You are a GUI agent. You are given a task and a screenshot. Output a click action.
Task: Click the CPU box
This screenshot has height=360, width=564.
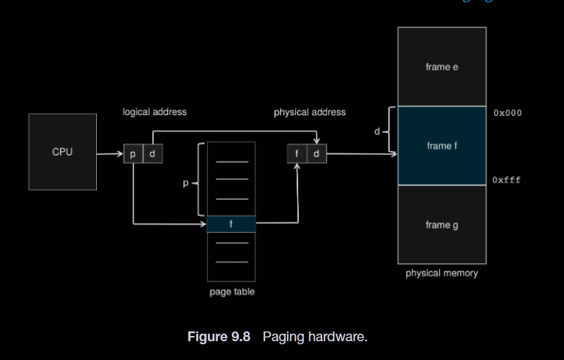click(x=62, y=152)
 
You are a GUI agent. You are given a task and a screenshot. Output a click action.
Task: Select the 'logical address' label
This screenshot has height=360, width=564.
click(x=155, y=112)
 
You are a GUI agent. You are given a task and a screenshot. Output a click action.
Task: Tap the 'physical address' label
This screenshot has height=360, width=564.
click(x=309, y=112)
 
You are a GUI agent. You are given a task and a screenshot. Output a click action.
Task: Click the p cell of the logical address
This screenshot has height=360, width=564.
click(x=133, y=153)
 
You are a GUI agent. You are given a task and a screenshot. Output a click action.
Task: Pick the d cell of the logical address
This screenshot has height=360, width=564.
click(x=152, y=153)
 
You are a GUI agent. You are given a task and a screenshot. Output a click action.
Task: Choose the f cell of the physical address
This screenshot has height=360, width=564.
click(x=297, y=153)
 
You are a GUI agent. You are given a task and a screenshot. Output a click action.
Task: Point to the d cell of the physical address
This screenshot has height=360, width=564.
click(x=316, y=153)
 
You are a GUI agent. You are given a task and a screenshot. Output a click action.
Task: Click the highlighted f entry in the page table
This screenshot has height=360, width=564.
click(x=231, y=224)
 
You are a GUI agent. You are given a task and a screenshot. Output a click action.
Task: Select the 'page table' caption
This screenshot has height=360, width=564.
click(x=231, y=292)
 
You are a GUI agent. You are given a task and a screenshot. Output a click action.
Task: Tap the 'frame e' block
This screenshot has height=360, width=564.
click(x=442, y=67)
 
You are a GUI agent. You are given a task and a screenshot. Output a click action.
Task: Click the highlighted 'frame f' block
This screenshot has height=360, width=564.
click(x=442, y=146)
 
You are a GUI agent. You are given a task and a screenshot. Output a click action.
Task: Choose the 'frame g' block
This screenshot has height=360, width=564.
click(x=442, y=225)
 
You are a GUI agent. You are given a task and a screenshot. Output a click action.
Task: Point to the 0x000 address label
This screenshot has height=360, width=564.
click(x=508, y=113)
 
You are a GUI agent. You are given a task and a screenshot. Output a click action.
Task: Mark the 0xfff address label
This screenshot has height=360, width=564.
click(x=507, y=180)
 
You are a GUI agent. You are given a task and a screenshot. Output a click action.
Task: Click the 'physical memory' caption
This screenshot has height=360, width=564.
click(x=442, y=273)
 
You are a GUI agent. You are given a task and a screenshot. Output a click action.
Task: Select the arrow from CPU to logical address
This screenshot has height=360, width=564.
click(x=110, y=153)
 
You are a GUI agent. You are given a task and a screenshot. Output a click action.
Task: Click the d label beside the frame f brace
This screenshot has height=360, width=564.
click(x=377, y=132)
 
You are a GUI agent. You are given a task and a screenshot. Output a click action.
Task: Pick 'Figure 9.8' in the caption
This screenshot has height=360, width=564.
click(x=219, y=337)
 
